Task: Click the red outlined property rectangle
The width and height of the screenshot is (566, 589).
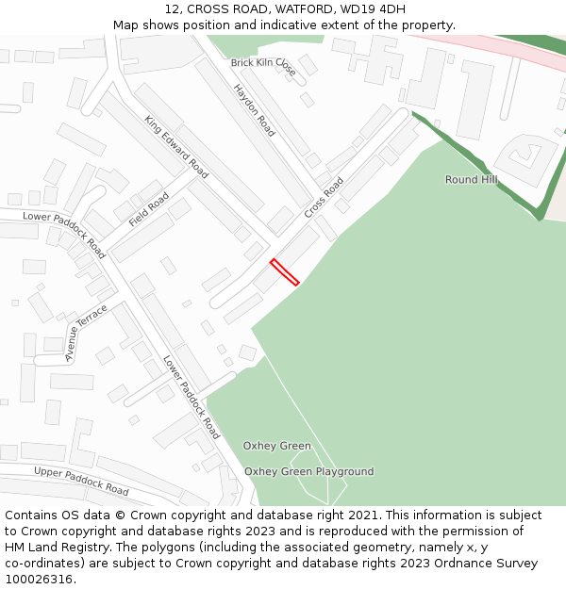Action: click(x=285, y=271)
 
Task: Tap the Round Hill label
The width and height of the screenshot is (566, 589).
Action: click(x=472, y=179)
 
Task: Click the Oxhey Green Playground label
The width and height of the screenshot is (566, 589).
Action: click(x=308, y=471)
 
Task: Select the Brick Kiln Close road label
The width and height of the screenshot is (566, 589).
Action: click(x=263, y=67)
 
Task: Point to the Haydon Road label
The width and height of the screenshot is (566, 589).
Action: click(x=254, y=110)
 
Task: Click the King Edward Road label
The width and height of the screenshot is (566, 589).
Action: click(x=176, y=147)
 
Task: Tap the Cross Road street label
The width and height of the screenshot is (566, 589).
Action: click(x=324, y=198)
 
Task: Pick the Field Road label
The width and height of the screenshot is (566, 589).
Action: click(x=148, y=210)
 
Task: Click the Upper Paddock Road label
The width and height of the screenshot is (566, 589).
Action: click(x=81, y=481)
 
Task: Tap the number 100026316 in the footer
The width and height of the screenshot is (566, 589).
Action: click(x=39, y=580)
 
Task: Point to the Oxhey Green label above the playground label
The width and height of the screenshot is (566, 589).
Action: click(x=276, y=446)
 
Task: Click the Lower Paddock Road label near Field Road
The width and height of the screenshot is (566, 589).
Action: click(x=64, y=236)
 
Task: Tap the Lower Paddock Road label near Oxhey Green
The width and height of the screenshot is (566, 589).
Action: click(x=191, y=397)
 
